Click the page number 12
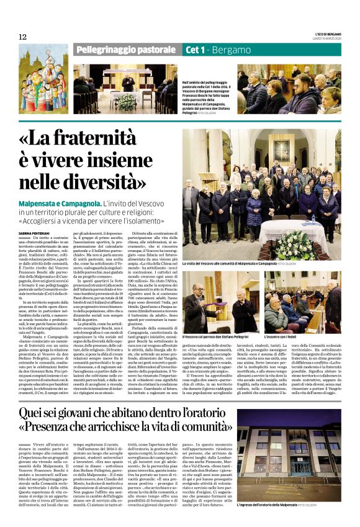22,37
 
